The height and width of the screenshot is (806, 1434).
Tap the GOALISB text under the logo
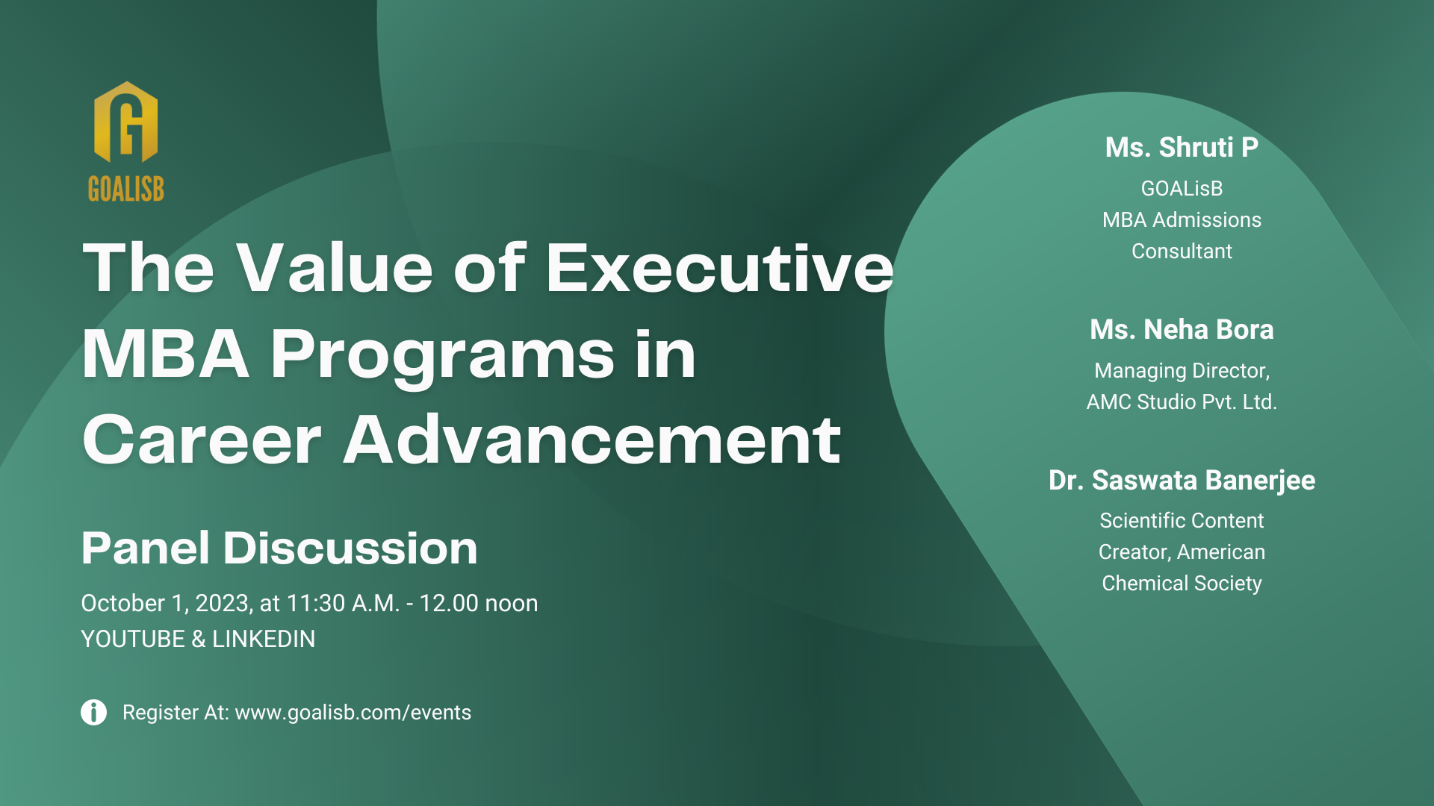point(125,189)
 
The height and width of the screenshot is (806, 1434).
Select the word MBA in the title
point(165,354)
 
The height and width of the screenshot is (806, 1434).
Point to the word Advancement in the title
point(592,440)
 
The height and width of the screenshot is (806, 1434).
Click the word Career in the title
point(202,440)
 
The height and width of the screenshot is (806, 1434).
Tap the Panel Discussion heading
point(279,549)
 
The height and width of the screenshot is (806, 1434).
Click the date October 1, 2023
point(165,603)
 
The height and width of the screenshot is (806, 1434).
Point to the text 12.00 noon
point(478,603)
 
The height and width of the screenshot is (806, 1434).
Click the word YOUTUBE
point(133,639)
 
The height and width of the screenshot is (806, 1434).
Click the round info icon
point(93,712)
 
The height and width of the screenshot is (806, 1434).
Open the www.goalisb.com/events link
point(353,713)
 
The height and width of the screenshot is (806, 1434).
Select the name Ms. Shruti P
point(1182,148)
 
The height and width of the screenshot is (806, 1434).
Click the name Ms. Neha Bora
point(1182,330)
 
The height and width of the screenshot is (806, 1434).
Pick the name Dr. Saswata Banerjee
point(1182,481)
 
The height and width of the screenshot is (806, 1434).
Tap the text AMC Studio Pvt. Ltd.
point(1182,402)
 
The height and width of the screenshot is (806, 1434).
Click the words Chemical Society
point(1182,584)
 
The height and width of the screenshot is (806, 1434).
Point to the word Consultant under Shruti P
point(1182,252)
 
